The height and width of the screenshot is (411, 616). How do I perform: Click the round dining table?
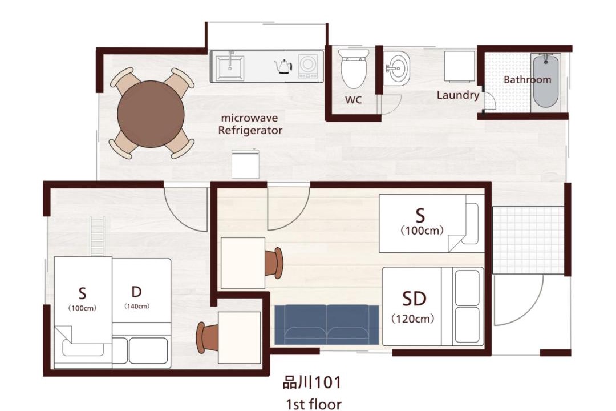[151, 114]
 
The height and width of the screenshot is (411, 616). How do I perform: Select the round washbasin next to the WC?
[397, 68]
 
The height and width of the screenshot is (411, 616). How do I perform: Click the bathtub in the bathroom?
[546, 80]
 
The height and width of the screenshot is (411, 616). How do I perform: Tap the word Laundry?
[458, 95]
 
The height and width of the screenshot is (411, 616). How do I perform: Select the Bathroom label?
[527, 79]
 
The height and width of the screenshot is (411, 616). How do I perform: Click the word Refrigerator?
[250, 130]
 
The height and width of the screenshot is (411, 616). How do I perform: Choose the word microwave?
[249, 118]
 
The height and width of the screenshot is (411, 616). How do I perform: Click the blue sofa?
[327, 324]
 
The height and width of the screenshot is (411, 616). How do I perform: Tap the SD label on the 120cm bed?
[414, 299]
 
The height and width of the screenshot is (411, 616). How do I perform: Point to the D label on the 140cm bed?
[136, 292]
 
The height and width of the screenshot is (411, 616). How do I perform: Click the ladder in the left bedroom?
[98, 236]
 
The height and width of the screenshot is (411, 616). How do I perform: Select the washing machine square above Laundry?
[459, 66]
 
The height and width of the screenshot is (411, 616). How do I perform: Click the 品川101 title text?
[312, 382]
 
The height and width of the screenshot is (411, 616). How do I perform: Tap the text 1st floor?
[314, 404]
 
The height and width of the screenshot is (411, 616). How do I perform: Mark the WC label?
[353, 100]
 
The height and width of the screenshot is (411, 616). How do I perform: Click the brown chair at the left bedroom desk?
[206, 337]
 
